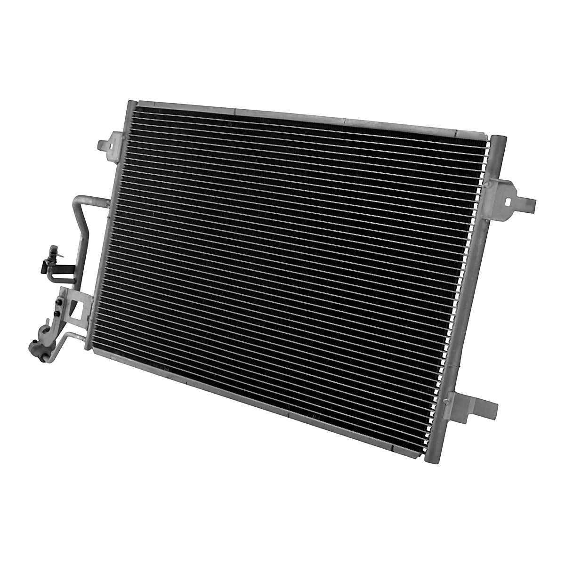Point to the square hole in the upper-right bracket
coord(509,200)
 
